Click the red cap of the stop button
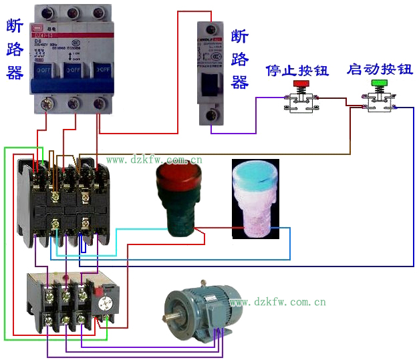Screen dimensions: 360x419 coord(301,84)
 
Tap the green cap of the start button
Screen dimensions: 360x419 coord(379,83)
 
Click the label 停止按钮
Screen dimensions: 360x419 coord(297,70)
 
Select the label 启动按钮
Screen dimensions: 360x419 coord(380,69)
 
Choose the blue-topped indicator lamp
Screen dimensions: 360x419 coord(255,198)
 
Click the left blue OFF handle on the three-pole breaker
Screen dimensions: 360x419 coord(45,69)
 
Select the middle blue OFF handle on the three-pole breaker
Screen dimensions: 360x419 coord(73,69)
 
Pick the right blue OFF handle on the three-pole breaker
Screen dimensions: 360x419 coord(101,69)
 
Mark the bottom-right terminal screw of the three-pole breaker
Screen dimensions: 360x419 coord(100,103)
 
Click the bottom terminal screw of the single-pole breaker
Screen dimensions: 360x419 coord(212,116)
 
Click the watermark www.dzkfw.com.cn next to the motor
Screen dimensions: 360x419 coord(277,302)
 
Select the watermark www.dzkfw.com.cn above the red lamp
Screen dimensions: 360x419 coord(154,160)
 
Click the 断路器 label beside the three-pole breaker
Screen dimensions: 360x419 coord(15,50)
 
